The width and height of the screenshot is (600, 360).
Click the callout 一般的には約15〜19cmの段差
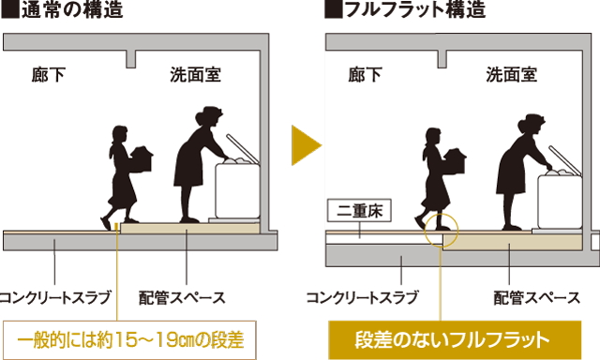(x=130, y=337)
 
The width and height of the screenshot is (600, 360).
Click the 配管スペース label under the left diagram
(x=187, y=298)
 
